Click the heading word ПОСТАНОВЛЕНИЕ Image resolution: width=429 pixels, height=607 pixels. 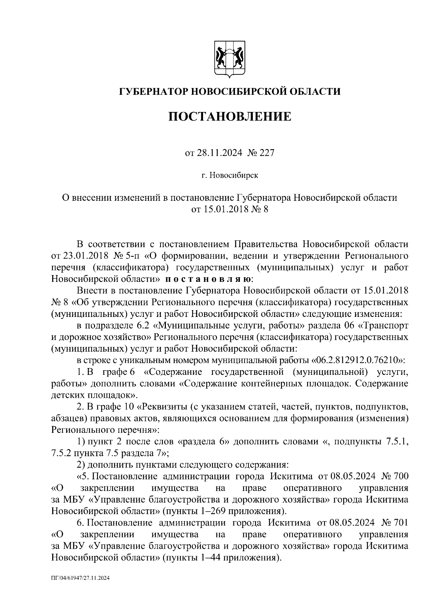click(230, 116)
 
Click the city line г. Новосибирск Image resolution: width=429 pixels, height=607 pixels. click(230, 176)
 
